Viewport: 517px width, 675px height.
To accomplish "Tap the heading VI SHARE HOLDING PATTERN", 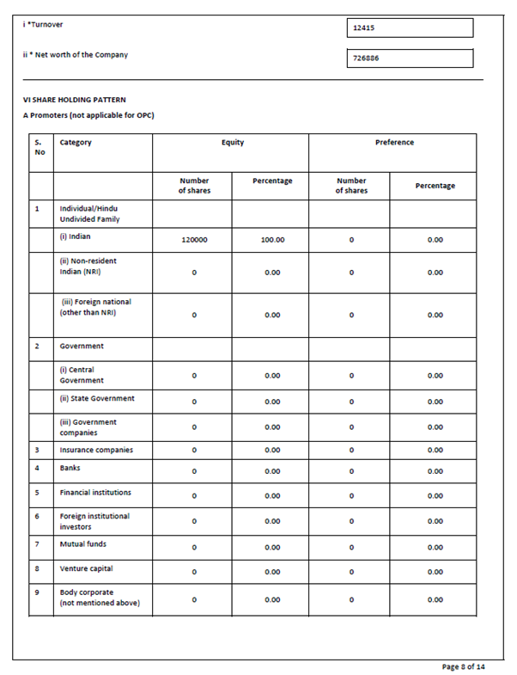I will (74, 100).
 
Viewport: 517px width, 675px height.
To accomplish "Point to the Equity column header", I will (232, 143).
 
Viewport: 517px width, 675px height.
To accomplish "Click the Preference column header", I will (394, 143).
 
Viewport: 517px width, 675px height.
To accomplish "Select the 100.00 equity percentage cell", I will (272, 240).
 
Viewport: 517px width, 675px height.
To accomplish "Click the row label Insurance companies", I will (96, 450).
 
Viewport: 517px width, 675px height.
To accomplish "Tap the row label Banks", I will (70, 468).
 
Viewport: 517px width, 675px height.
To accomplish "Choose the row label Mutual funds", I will (83, 544).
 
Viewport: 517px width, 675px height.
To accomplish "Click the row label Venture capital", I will (86, 568).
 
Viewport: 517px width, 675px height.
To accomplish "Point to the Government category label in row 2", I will (82, 346).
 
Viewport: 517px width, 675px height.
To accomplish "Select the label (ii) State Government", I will (97, 398).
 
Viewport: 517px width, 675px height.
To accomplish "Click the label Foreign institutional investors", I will (94, 521).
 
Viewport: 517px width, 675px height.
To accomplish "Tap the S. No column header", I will (40, 147).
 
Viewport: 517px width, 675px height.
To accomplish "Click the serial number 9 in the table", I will (37, 592).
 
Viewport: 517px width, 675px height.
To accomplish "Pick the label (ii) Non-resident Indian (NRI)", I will (88, 266).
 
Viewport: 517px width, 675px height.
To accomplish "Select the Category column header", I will (76, 143).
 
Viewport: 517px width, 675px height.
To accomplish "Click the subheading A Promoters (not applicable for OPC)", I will (88, 115).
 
